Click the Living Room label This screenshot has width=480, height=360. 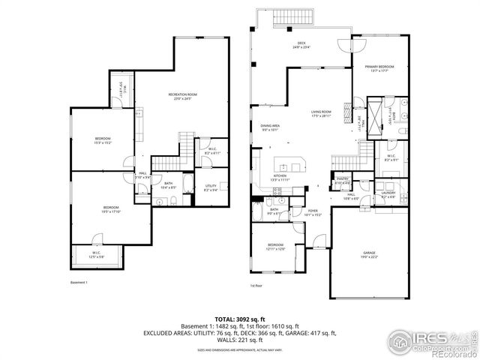point(322,113)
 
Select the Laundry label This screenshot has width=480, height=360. point(388,193)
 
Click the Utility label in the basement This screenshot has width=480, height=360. point(210,188)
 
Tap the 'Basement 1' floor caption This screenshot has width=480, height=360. point(79,283)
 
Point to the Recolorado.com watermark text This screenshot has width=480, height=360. point(446,353)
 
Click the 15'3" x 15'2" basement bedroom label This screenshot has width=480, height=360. point(102,140)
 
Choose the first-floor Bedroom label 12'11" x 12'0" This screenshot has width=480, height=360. point(277,247)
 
